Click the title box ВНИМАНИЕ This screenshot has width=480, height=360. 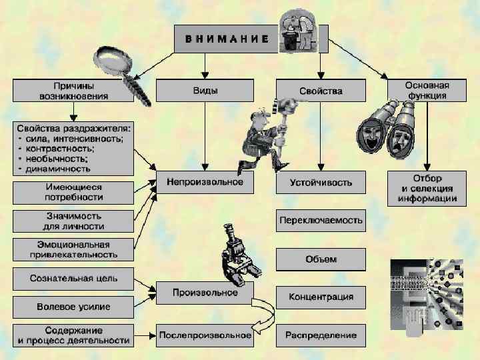(x=227, y=39)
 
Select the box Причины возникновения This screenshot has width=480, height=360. (x=73, y=91)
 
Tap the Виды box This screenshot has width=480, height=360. (x=205, y=91)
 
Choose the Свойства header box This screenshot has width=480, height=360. (x=321, y=91)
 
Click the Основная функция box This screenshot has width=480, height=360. (x=427, y=91)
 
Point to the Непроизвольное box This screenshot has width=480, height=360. (x=205, y=182)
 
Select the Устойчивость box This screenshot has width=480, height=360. (x=321, y=182)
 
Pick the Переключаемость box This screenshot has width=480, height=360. (x=321, y=220)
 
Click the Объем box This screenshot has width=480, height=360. (x=321, y=259)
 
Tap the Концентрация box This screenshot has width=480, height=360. (x=321, y=297)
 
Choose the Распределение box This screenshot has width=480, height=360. (x=321, y=335)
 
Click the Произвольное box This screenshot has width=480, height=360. (x=205, y=293)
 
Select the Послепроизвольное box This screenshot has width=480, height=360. (x=205, y=335)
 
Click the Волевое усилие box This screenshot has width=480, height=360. (x=73, y=307)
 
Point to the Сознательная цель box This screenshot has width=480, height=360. (x=73, y=278)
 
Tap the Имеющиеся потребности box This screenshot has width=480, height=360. (x=73, y=192)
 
